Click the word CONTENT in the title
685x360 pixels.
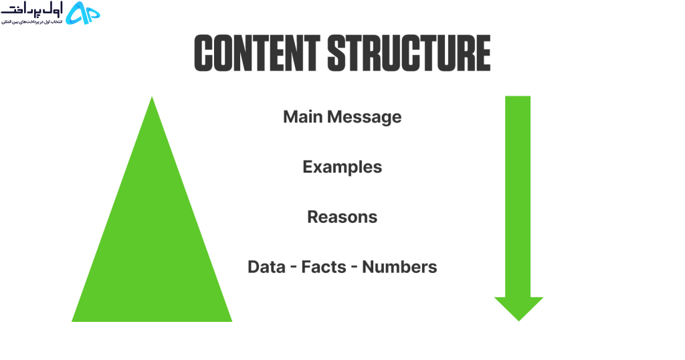tap(257, 54)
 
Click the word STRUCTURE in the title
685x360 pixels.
tap(409, 54)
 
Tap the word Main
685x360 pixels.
tap(303, 116)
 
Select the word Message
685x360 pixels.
tap(365, 117)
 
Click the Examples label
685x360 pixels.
tap(342, 167)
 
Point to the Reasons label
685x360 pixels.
tap(342, 217)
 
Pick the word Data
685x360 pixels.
tap(266, 267)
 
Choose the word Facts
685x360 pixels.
tap(324, 267)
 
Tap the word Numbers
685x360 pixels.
tap(399, 267)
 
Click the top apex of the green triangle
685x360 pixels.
tap(152, 97)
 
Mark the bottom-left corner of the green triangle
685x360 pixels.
tap(72, 322)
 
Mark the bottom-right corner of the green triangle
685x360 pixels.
tap(232, 322)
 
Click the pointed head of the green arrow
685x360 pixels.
tap(518, 309)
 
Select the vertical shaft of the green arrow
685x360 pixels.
tap(518, 197)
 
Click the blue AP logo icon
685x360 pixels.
tap(82, 13)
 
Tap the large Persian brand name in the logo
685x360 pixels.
tap(32, 9)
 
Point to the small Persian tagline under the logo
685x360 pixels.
tap(32, 21)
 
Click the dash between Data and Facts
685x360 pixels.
tap(294, 267)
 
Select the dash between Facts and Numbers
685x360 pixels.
tap(355, 267)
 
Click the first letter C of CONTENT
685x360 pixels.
tap(203, 54)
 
